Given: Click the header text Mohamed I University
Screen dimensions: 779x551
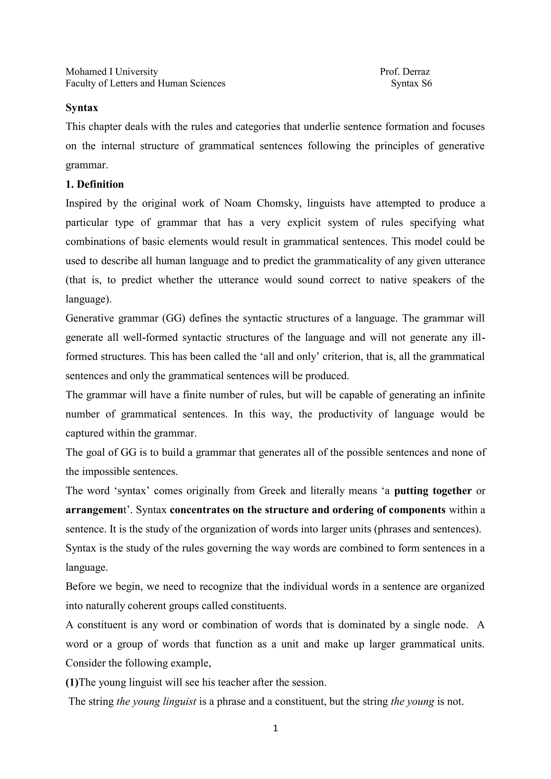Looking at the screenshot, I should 112,72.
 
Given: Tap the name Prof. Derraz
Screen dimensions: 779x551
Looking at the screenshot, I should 405,72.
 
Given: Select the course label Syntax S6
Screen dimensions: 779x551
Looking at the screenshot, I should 411,83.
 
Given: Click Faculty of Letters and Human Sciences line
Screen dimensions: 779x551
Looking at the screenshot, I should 145,83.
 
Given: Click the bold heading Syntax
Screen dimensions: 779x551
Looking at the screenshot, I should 82,108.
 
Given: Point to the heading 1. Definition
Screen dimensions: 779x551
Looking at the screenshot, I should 95,184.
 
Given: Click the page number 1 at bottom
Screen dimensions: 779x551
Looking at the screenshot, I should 275,728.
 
